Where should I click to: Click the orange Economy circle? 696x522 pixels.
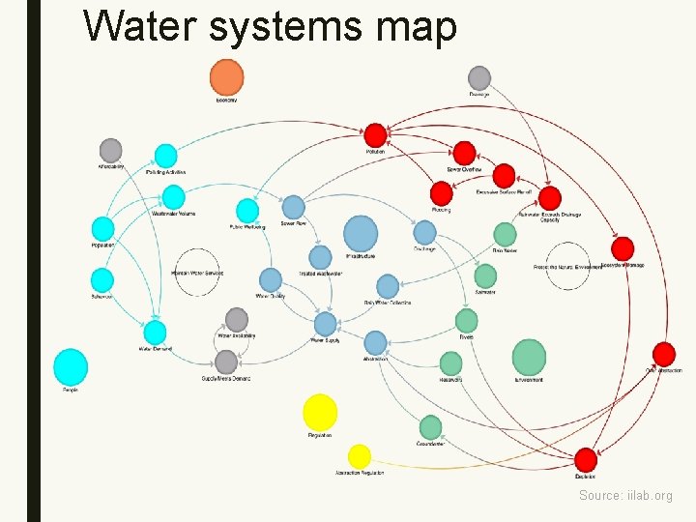click(226, 77)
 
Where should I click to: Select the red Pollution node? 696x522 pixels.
click(375, 135)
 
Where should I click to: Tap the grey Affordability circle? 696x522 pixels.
click(111, 150)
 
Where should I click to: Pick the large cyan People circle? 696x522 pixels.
click(71, 367)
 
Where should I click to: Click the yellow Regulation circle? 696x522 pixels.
click(320, 413)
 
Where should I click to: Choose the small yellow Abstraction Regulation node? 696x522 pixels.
click(360, 456)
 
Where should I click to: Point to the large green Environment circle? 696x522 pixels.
click(529, 357)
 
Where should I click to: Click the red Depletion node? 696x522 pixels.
click(586, 459)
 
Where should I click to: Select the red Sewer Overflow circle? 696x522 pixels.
click(465, 153)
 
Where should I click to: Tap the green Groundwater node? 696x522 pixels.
click(431, 427)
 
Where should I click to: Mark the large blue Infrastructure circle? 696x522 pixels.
click(361, 234)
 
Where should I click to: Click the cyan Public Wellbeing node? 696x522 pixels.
click(247, 210)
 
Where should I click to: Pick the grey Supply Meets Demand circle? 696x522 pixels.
click(226, 362)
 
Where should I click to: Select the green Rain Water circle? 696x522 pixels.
click(505, 234)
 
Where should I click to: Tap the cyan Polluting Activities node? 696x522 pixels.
click(166, 155)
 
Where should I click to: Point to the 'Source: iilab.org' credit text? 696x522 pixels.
click(625, 496)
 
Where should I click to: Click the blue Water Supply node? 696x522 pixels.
click(326, 324)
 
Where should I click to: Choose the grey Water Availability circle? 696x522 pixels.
click(237, 319)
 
